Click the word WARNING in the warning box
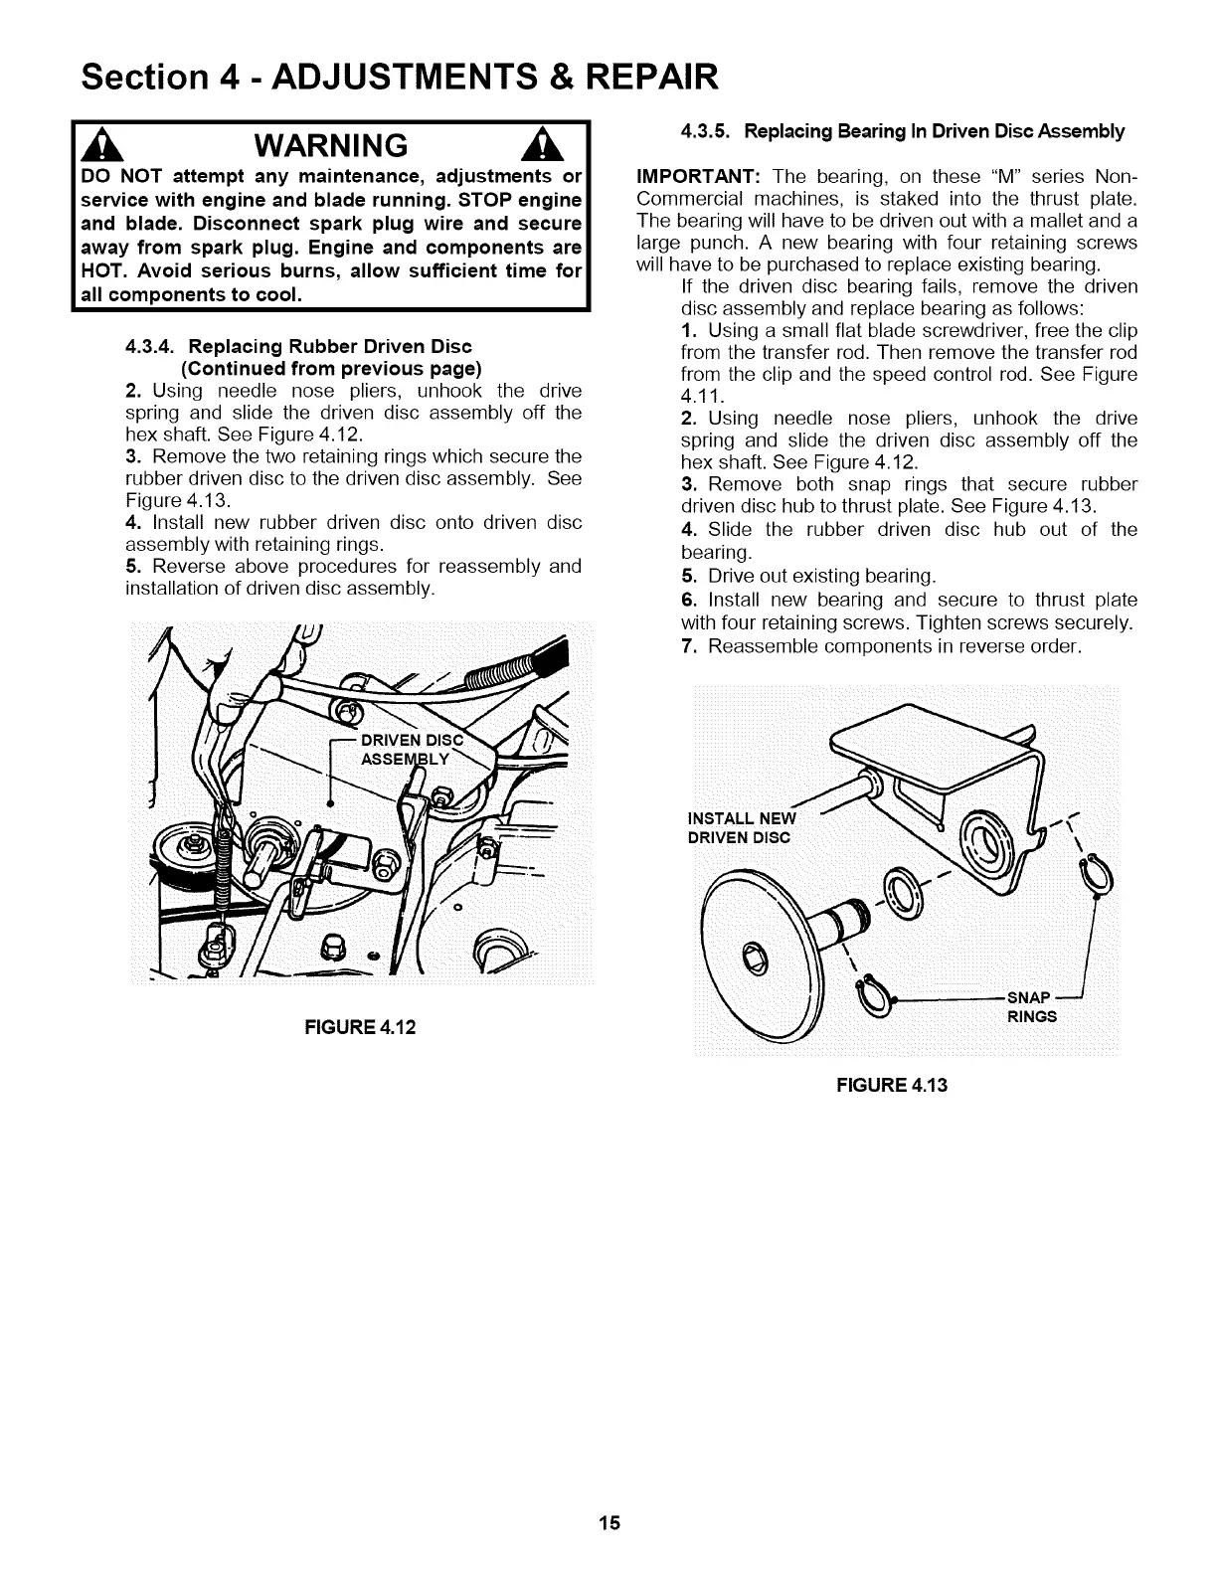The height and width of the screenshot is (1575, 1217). pos(329,146)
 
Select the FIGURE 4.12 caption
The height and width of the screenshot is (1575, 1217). pos(359,1026)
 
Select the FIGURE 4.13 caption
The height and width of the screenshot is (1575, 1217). pos(891,1084)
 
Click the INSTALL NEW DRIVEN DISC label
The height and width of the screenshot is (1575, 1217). pos(742,826)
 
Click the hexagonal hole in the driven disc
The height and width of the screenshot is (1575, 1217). pos(759,957)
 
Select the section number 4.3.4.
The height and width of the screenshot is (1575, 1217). pos(151,346)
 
